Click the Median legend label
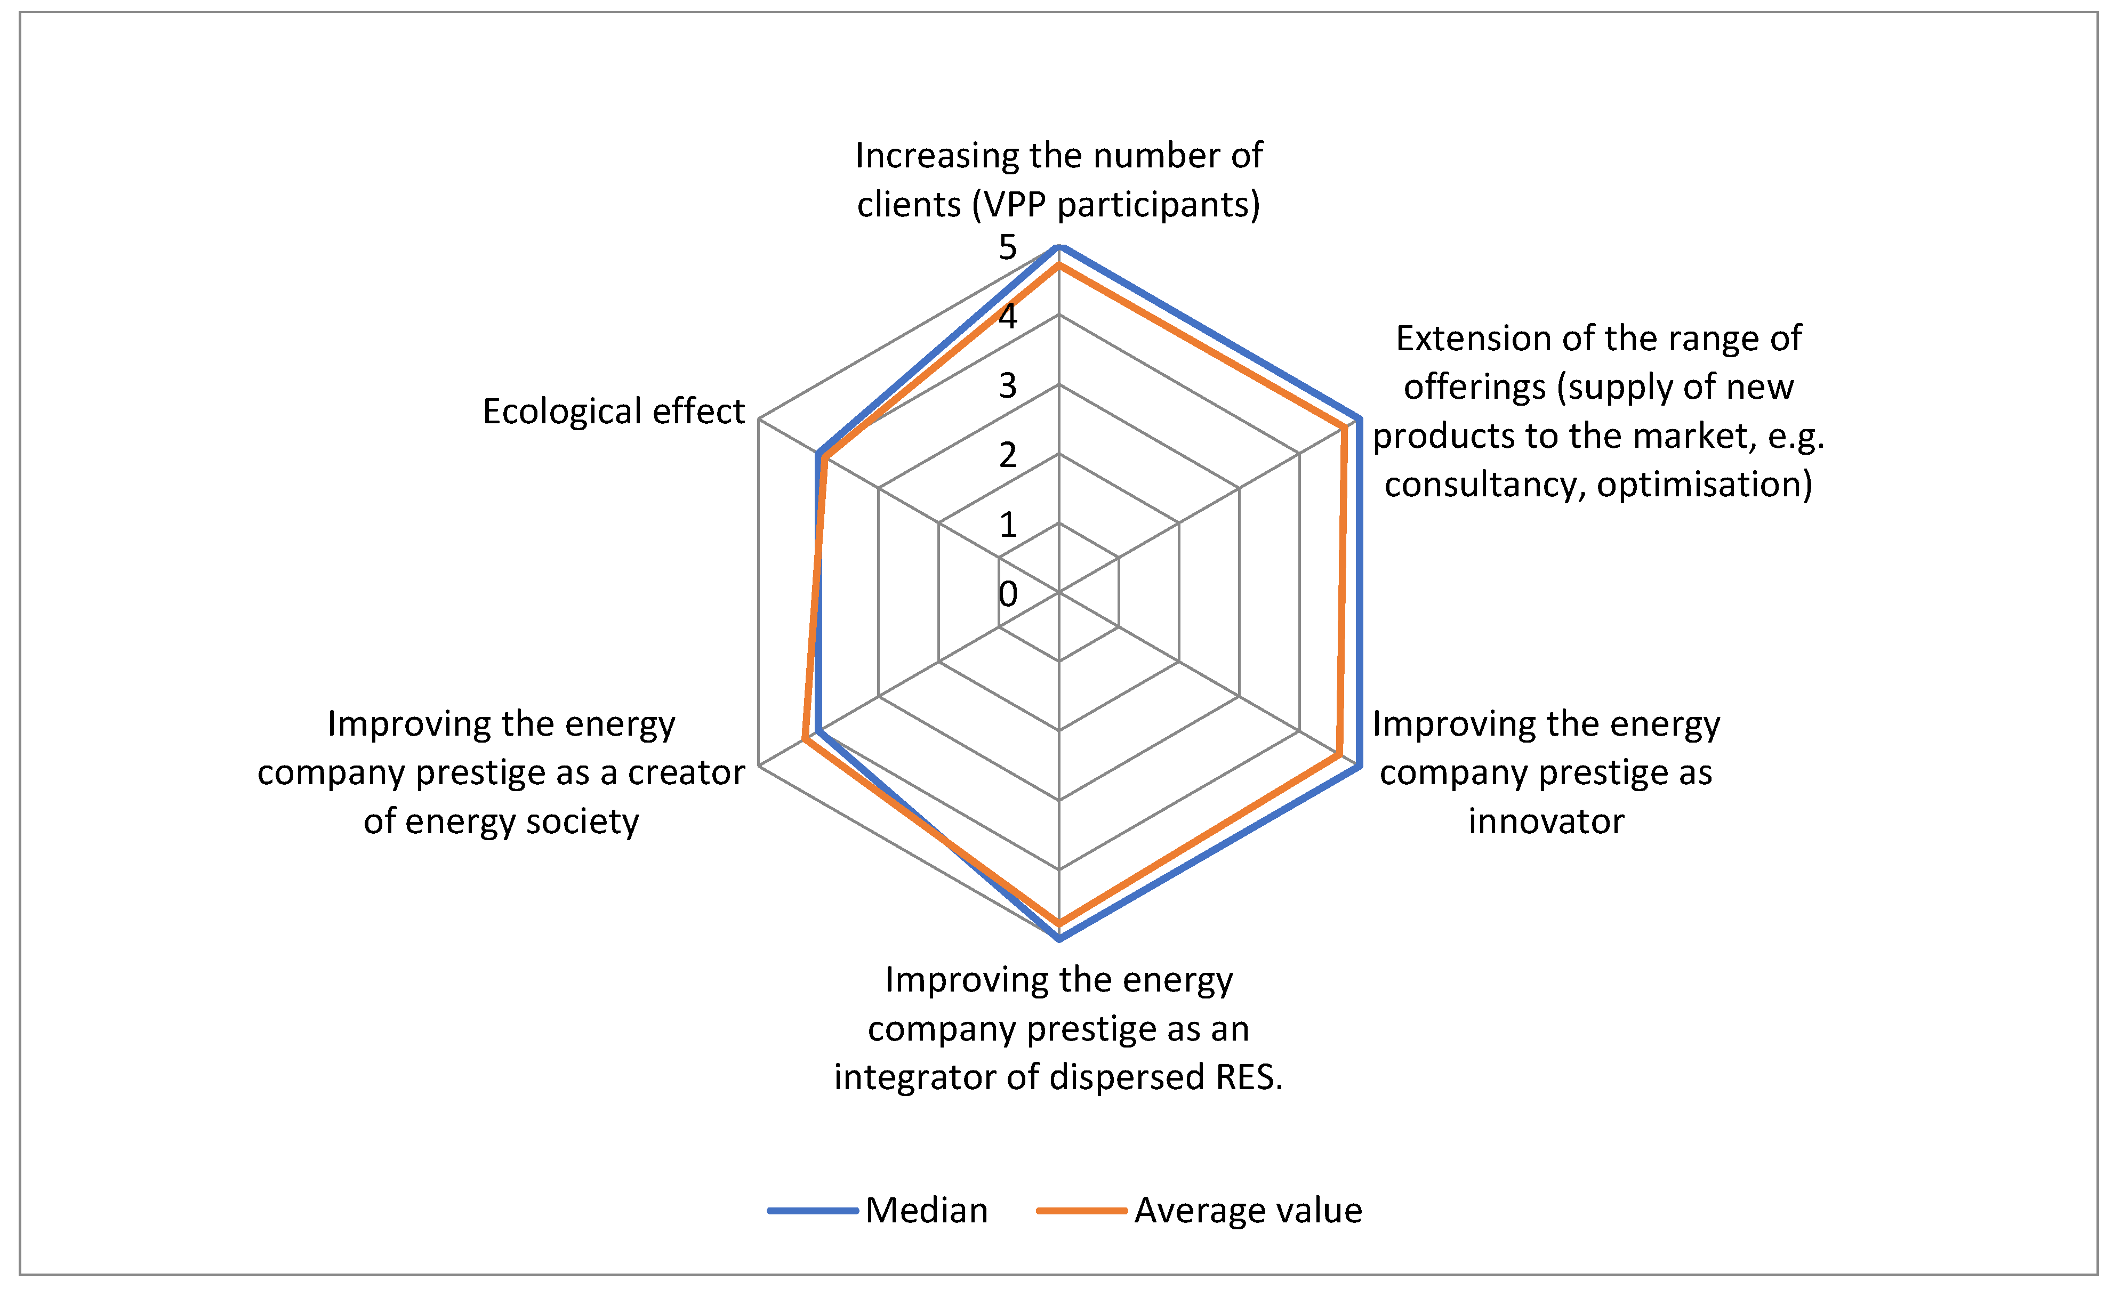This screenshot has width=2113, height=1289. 926,1210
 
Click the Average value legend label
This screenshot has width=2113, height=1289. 1248,1210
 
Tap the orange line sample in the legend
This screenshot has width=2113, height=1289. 1081,1210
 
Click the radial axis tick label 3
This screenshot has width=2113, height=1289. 1008,386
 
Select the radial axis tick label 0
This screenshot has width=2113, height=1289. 1008,593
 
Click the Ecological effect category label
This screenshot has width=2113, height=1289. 613,411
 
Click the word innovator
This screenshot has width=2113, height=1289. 1546,821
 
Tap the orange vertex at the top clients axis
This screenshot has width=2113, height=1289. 1059,267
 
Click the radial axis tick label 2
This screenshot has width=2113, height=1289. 1008,455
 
